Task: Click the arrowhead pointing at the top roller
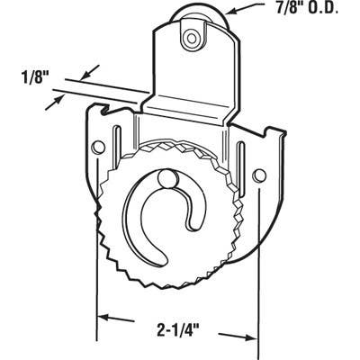pos(228,13)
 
